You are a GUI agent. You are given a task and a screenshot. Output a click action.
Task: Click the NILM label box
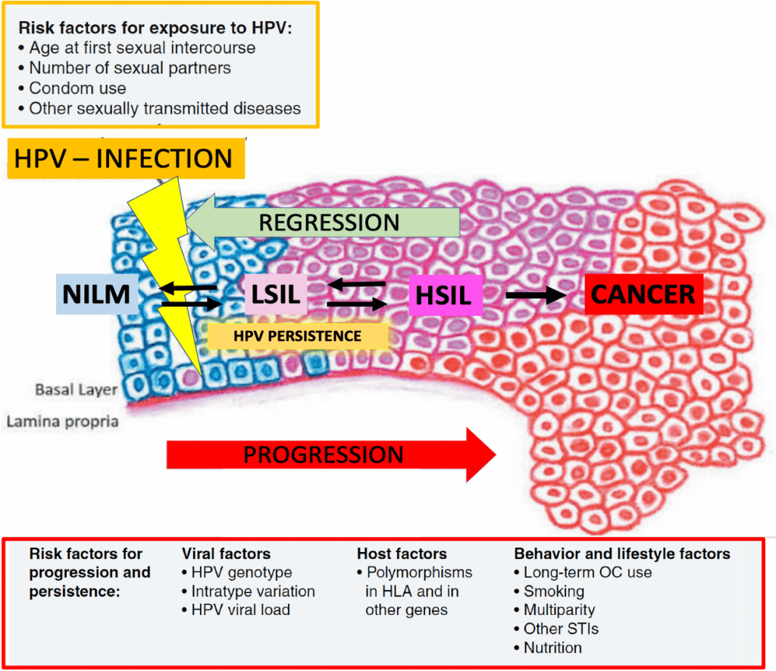(x=97, y=294)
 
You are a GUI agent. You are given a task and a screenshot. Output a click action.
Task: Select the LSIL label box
(x=276, y=295)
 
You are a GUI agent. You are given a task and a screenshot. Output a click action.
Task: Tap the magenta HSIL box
(x=446, y=295)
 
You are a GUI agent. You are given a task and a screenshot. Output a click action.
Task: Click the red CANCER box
(x=643, y=294)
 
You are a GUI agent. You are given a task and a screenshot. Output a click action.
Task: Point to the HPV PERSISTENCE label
(x=297, y=336)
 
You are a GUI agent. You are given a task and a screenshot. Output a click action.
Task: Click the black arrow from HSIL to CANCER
(x=536, y=295)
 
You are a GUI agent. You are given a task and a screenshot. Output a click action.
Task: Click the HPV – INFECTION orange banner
(x=127, y=159)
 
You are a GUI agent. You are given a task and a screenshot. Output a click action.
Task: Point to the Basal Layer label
(x=77, y=389)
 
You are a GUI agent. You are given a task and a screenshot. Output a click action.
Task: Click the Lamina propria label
(x=62, y=421)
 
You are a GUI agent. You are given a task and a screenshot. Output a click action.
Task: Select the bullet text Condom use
(x=78, y=88)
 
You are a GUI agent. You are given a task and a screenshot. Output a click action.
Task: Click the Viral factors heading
(x=226, y=554)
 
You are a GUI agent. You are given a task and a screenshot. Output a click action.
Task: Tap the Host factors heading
(x=402, y=554)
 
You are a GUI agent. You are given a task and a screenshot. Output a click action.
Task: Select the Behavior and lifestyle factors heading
(x=622, y=554)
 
